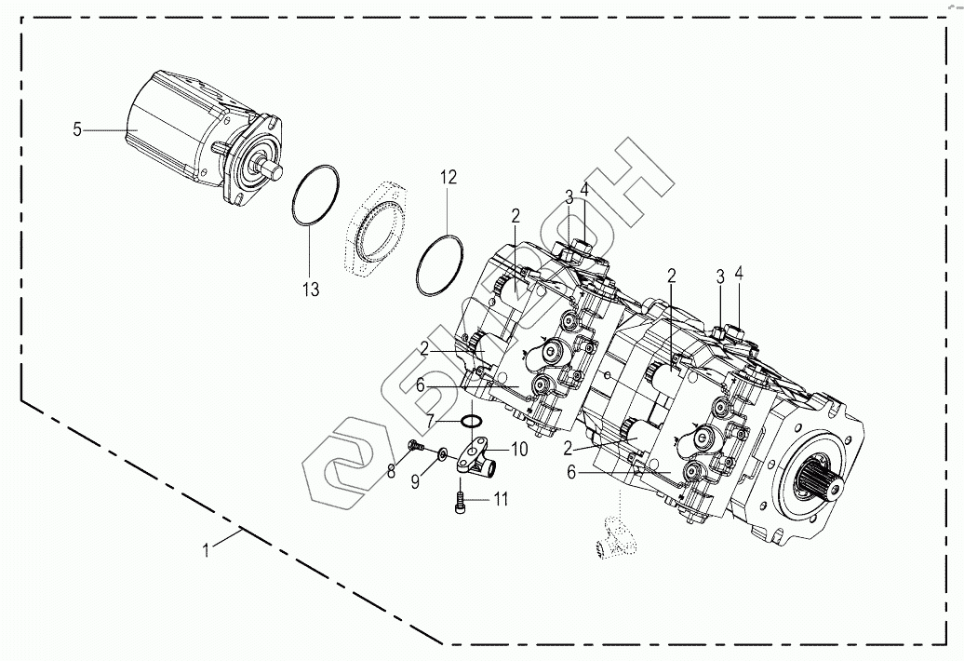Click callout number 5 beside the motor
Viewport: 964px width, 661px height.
coord(76,129)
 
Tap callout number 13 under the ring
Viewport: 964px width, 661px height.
coord(310,290)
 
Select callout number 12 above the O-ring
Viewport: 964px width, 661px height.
coord(449,176)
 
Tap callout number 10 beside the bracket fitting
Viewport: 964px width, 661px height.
coord(519,449)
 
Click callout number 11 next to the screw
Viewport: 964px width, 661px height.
coord(501,500)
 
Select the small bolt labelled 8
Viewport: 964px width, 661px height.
coord(416,448)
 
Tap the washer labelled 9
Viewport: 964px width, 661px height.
coord(442,453)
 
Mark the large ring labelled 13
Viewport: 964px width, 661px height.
coord(315,196)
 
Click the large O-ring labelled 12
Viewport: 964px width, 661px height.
coord(441,266)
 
